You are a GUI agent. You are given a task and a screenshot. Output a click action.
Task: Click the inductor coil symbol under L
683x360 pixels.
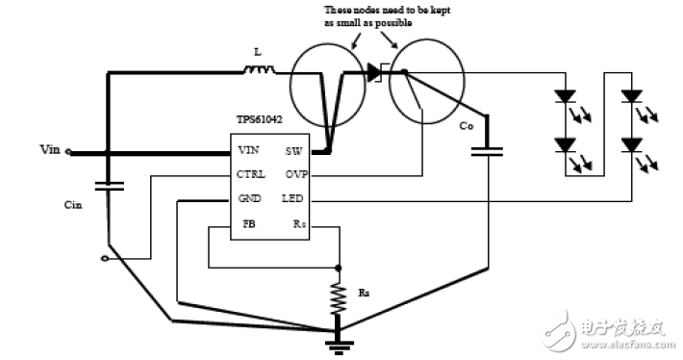[257, 69]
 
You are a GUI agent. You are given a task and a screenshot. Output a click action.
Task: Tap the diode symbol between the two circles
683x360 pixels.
[373, 71]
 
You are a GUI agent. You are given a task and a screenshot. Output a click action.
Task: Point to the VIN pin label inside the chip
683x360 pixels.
[248, 151]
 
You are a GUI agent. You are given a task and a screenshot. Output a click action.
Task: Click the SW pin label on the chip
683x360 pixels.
[293, 151]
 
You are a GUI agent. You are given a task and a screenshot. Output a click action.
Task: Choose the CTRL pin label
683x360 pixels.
[251, 175]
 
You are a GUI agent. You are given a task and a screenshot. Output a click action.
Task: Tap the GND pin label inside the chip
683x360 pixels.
[249, 199]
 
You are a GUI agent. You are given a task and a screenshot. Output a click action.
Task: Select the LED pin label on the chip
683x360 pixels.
[293, 199]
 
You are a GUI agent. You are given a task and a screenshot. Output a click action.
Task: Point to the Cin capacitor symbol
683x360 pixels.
[109, 185]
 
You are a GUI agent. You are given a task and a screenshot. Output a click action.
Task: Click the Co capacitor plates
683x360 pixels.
[490, 151]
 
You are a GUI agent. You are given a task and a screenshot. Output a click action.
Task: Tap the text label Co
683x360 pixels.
[467, 126]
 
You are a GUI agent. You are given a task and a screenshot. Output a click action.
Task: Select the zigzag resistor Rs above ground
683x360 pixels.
[338, 298]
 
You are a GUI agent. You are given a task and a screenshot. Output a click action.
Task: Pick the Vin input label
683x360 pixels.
[50, 149]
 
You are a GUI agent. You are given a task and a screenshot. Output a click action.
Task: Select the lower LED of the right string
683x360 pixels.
[631, 144]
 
